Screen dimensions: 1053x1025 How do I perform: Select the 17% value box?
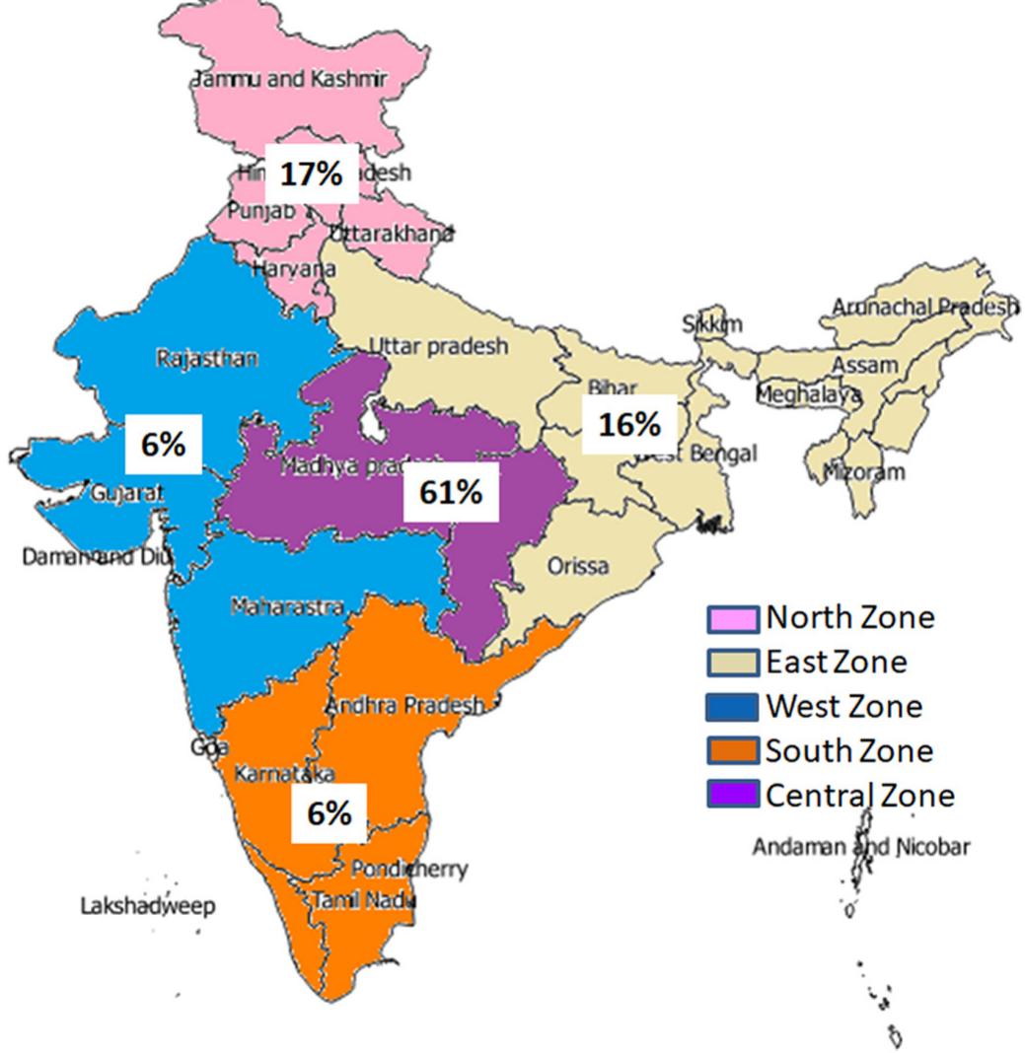(311, 174)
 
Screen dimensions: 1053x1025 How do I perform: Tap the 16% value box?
(628, 424)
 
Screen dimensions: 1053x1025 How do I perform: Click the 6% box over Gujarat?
(163, 444)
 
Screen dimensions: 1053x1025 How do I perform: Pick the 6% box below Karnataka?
(329, 812)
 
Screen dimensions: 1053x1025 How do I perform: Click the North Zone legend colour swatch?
(733, 618)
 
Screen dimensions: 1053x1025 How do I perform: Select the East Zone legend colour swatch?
(733, 662)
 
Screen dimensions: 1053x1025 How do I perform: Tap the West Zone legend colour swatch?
(733, 707)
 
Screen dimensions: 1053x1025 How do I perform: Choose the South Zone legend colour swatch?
(733, 751)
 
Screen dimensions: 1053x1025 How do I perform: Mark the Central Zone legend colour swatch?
(733, 795)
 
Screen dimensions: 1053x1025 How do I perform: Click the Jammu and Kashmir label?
(289, 79)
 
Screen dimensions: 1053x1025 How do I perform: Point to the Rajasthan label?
(207, 358)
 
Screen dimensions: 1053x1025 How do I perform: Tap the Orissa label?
(578, 566)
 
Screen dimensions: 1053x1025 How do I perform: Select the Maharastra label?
(287, 606)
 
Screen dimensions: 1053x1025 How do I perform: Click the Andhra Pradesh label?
(404, 705)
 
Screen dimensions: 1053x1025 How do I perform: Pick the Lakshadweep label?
(147, 905)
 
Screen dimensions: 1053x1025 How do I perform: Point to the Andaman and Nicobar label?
(860, 846)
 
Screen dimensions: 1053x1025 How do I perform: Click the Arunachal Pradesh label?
(924, 307)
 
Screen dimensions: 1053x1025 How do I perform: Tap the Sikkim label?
(712, 324)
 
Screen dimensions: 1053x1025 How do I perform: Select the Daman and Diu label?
(96, 556)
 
